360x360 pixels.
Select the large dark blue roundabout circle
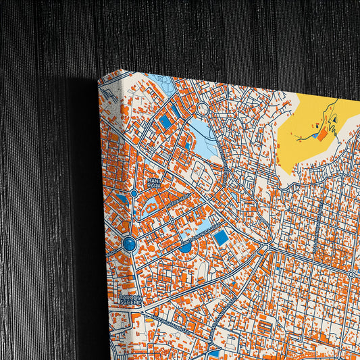click(x=129, y=243)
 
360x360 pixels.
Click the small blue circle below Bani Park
click(x=134, y=194)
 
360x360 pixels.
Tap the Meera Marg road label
click(x=181, y=201)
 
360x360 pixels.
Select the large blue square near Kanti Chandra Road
click(x=220, y=238)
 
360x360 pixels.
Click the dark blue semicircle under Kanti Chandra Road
click(x=184, y=248)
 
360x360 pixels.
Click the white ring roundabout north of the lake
click(x=202, y=108)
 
